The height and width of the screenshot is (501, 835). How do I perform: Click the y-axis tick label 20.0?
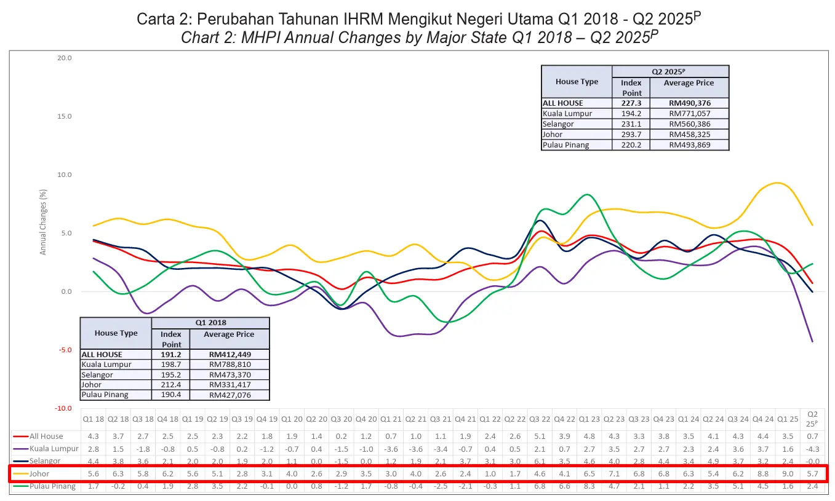(x=65, y=58)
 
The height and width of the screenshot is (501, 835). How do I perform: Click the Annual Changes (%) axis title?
(x=43, y=222)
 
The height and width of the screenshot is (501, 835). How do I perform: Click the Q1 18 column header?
(x=94, y=419)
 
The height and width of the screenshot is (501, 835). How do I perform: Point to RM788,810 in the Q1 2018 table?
(x=229, y=365)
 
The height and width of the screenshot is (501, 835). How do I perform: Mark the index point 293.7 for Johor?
(x=631, y=135)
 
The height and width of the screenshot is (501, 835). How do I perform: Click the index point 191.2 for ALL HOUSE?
(x=171, y=355)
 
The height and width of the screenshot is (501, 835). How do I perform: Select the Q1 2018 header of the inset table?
(x=210, y=323)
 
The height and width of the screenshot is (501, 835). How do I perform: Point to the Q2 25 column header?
(x=813, y=419)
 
